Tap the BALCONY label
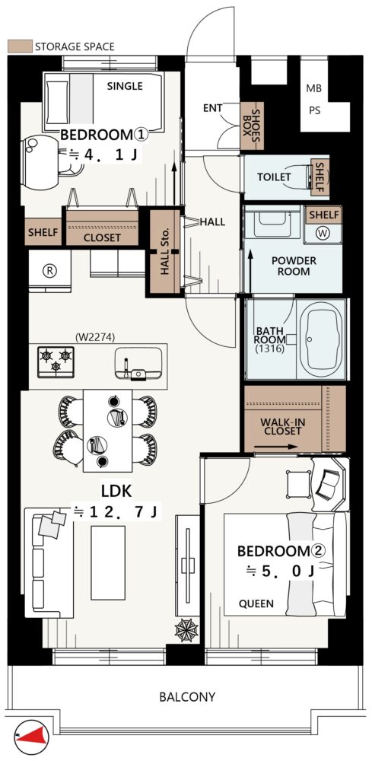coord(187,697)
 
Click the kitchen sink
coord(138,363)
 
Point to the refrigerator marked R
coord(49,271)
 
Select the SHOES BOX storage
coord(253,126)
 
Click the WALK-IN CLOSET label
coord(283,427)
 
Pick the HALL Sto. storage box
coord(165,251)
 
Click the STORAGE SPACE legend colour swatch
coord(20,46)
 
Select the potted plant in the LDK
coord(186,629)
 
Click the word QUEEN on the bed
coord(256,603)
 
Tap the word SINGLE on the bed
coord(125,87)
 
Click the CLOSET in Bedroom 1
coord(103,228)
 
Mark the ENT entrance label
coord(212,108)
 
